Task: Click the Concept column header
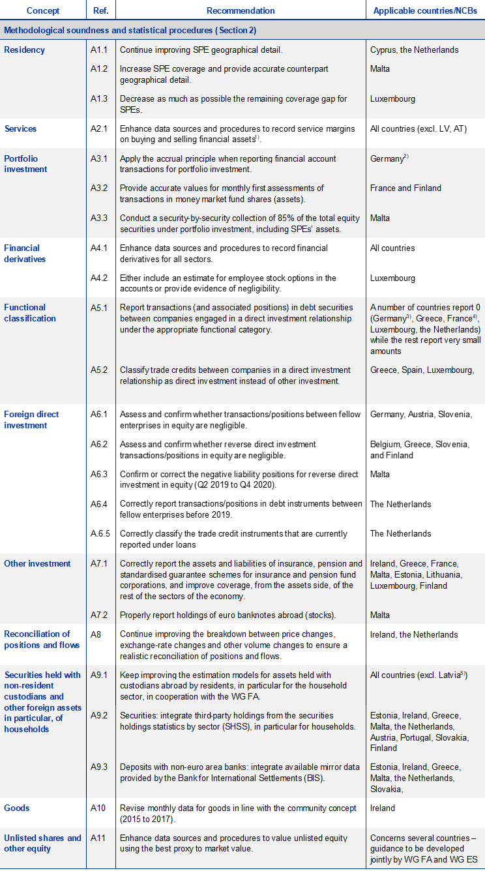coord(43,10)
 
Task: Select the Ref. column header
coord(100,10)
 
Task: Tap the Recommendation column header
coord(241,10)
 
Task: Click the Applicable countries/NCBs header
coord(424,10)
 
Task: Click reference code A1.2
coord(100,68)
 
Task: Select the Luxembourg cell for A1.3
coord(392,99)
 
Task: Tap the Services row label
coord(20,128)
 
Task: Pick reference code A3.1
coord(100,158)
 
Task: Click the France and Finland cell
coord(405,188)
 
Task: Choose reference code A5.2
coord(100,370)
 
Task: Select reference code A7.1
coord(100,563)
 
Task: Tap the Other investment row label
coord(37,563)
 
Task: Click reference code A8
coord(96,634)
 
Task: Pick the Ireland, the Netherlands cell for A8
coord(413,634)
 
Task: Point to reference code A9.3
coord(100,767)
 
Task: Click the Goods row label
coord(17,808)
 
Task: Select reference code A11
coord(98,838)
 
